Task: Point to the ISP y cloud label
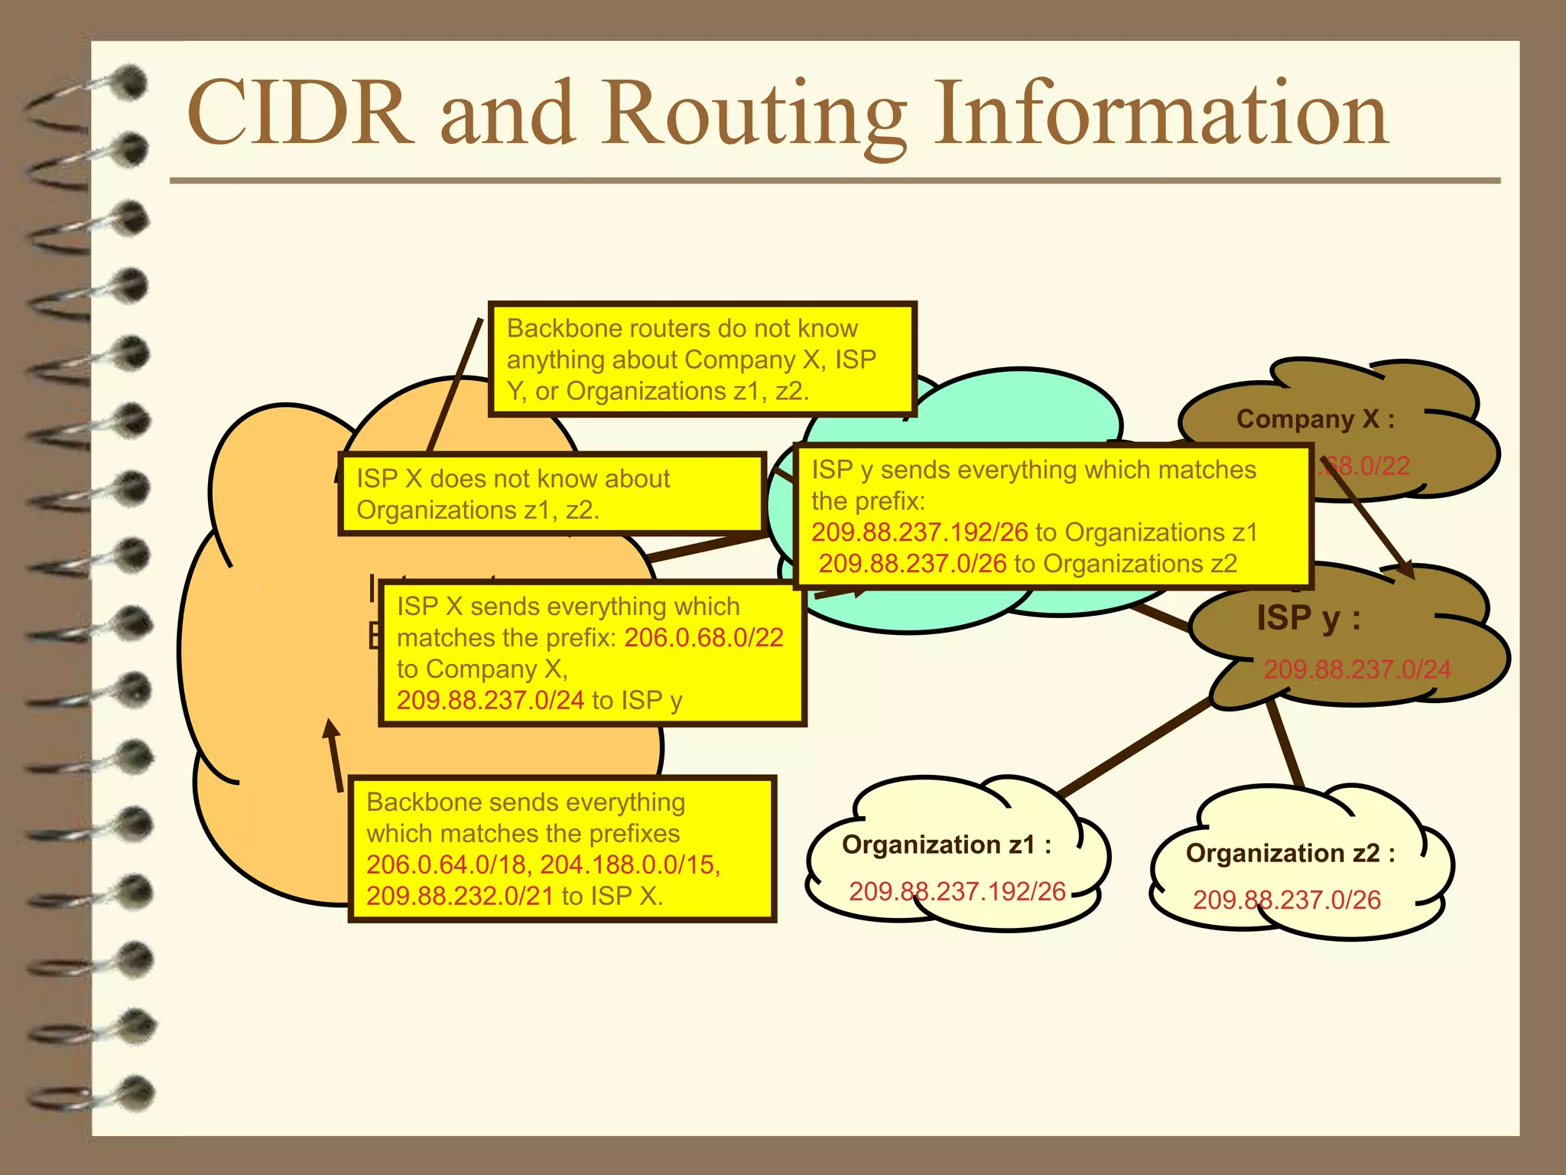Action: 1308,618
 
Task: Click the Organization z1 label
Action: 947,845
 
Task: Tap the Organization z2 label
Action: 1291,853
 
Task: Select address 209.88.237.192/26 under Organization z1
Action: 957,891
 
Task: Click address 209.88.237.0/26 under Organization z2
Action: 1287,900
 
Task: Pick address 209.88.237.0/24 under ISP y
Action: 1357,669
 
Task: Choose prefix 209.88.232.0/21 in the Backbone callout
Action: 460,896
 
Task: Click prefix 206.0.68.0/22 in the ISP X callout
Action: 703,638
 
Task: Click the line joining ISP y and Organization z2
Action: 1285,742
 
